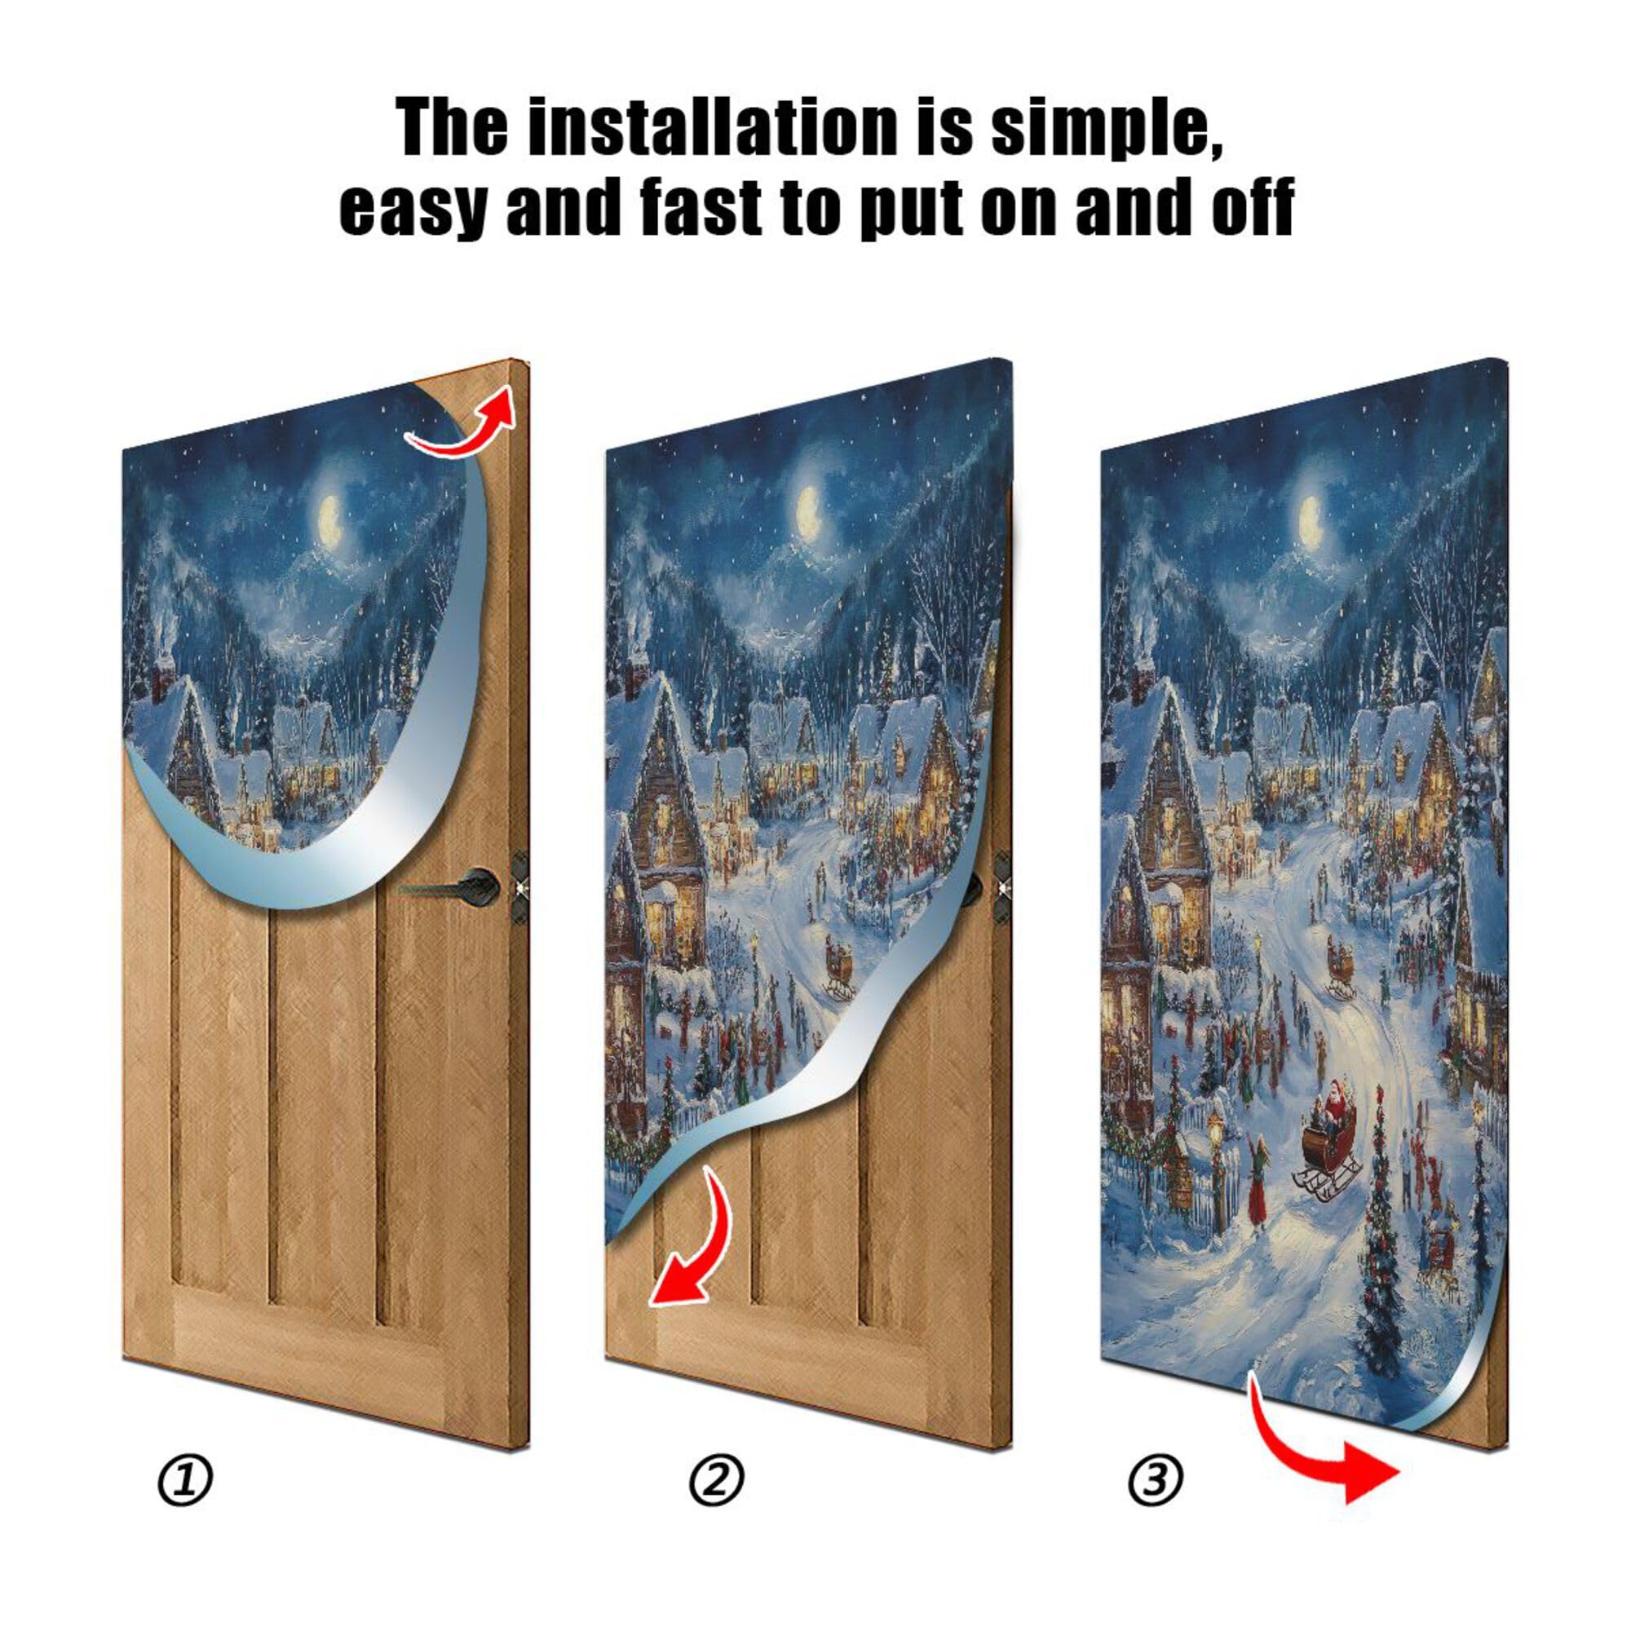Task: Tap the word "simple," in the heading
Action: coord(1106,128)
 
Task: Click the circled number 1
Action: coord(185,1479)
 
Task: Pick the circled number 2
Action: coord(716,1479)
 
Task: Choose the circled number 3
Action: coord(1155,1479)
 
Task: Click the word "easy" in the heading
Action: coord(413,207)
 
